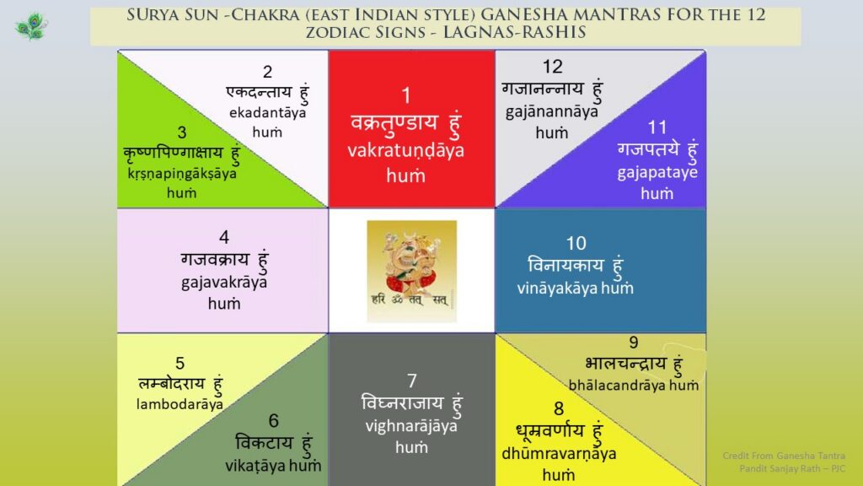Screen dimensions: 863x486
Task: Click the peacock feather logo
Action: coord(31,26)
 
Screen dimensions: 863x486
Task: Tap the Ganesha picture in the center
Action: coord(411,271)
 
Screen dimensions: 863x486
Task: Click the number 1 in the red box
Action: coord(406,96)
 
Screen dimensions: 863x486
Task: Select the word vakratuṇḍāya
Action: coord(405,151)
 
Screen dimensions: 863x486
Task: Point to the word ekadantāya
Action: coord(267,113)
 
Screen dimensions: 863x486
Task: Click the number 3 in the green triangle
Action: coord(182,132)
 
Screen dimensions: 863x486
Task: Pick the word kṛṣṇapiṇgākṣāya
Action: coord(182,175)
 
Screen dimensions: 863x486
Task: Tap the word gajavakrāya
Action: coord(224,283)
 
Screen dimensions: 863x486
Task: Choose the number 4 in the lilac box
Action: coord(224,237)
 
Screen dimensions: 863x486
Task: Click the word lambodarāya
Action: coord(180,404)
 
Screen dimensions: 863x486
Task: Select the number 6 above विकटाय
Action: coord(274,420)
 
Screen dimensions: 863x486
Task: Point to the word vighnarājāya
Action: coord(411,426)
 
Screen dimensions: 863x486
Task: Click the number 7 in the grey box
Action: coord(412,381)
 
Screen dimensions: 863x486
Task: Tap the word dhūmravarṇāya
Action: coord(559,454)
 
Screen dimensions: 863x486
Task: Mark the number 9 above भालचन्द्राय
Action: coord(634,343)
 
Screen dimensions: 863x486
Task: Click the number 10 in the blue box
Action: coord(576,243)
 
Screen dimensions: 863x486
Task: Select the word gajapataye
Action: coord(657,172)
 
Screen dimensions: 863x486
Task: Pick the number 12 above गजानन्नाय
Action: coord(553,67)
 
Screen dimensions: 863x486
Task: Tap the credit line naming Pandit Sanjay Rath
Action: coord(792,468)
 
